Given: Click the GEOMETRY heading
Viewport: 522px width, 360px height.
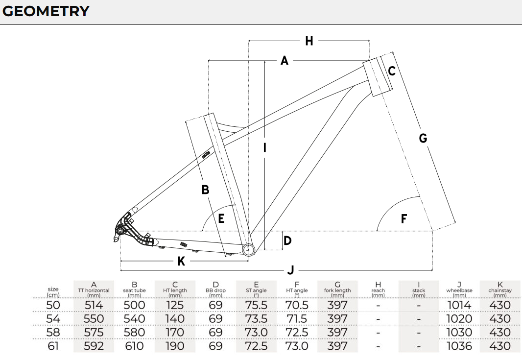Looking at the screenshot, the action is (46, 11).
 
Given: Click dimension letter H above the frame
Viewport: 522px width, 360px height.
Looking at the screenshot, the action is (309, 41).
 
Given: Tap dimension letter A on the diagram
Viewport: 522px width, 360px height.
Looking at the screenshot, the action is (285, 61).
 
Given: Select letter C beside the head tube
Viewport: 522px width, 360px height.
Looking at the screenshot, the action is (392, 71).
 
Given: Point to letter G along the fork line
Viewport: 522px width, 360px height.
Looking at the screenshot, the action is (423, 138).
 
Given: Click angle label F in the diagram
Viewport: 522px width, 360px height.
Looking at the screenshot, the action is (404, 219).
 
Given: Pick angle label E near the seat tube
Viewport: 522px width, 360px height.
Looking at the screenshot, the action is (221, 219).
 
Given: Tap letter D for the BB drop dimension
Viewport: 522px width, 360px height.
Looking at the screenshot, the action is (287, 240).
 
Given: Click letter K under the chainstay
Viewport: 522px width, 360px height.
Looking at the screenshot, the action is (181, 262).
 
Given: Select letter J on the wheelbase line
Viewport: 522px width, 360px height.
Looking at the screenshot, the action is (291, 270).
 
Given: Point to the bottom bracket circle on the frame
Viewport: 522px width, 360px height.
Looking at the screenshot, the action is (248, 249).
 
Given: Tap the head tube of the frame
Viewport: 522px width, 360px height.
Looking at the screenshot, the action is (376, 77).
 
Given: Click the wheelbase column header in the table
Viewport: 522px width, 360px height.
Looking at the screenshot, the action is (459, 290).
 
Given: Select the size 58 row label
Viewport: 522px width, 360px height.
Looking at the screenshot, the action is (53, 332).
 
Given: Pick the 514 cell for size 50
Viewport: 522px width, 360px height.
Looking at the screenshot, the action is (94, 305).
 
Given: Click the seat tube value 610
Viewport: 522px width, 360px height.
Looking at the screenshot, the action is (134, 346).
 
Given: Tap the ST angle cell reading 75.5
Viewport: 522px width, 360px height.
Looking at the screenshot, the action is (256, 305).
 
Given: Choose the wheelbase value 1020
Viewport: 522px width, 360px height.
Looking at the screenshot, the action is (459, 319).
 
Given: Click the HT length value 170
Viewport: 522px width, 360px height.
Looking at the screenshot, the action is (175, 333).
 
